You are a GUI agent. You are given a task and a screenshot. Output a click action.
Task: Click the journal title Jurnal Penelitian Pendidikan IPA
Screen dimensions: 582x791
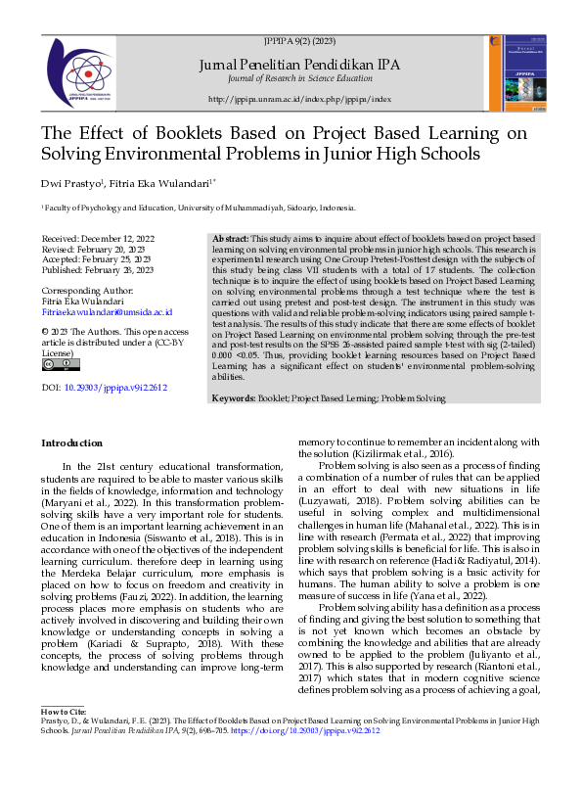click(299, 64)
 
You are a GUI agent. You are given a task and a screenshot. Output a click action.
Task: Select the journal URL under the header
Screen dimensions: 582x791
click(299, 100)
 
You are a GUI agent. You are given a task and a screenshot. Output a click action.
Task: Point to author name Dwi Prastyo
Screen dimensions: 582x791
click(67, 183)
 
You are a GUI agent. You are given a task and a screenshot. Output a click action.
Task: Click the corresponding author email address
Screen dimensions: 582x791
click(107, 312)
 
